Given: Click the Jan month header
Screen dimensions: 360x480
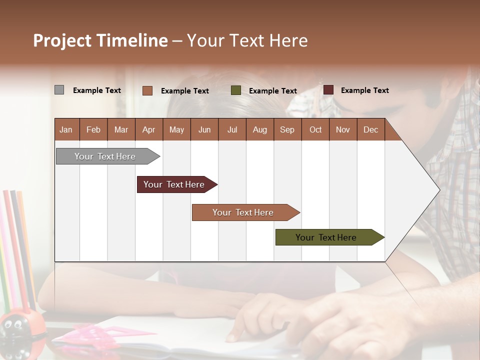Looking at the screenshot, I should [x=66, y=130].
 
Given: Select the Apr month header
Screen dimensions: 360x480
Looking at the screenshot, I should [x=149, y=130].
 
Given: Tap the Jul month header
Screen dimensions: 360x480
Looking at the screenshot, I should [x=232, y=130].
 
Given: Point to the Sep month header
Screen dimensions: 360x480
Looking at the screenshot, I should [x=287, y=130].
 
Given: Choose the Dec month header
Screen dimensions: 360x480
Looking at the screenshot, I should [x=370, y=130].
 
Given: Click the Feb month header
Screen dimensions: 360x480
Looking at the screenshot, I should [x=93, y=130].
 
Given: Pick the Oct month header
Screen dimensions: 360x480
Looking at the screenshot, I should [x=315, y=130].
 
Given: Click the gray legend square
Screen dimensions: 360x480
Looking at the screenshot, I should [x=59, y=90].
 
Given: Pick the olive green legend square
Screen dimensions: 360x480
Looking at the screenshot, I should [x=236, y=90].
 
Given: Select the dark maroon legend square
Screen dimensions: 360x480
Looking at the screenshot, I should [x=328, y=90].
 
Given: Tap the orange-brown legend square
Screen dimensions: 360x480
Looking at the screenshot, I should [x=147, y=90].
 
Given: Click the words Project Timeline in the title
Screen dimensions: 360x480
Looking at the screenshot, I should [x=100, y=40].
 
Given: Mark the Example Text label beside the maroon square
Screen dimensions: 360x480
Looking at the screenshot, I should [x=364, y=90].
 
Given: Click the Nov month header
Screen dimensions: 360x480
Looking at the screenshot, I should [x=343, y=130].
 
